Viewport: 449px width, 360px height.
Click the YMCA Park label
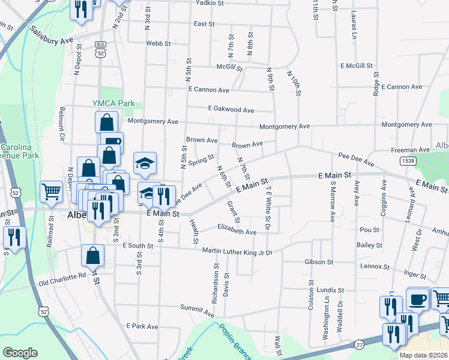coord(113,103)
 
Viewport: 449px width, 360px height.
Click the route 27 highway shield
coord(360,344)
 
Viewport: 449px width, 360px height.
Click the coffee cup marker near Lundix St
coord(418,299)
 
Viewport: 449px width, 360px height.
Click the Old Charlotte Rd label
coord(62,277)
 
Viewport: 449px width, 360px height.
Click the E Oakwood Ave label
coord(231,110)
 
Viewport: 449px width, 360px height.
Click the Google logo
coord(20,353)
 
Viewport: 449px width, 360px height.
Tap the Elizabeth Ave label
coord(237,230)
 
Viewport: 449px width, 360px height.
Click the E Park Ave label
coord(142,326)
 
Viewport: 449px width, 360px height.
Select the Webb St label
coord(159,44)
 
